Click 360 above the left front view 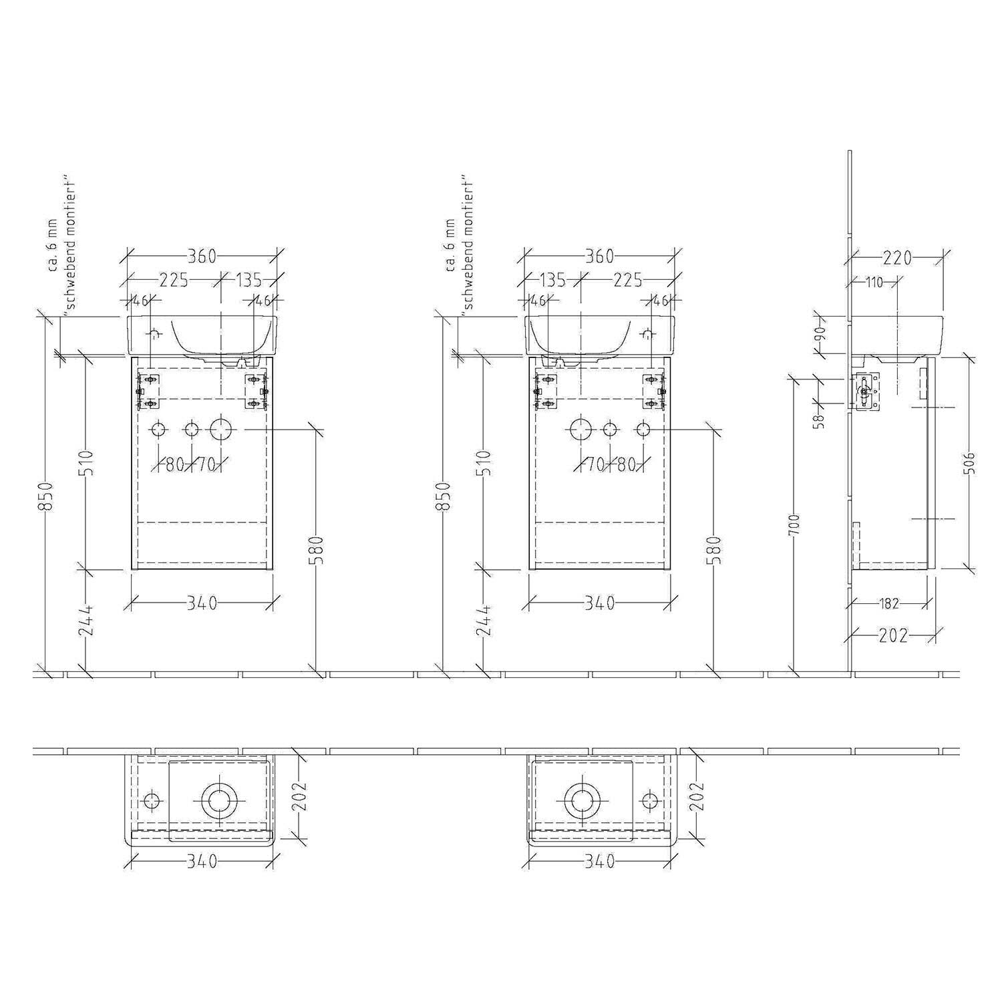(202, 256)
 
